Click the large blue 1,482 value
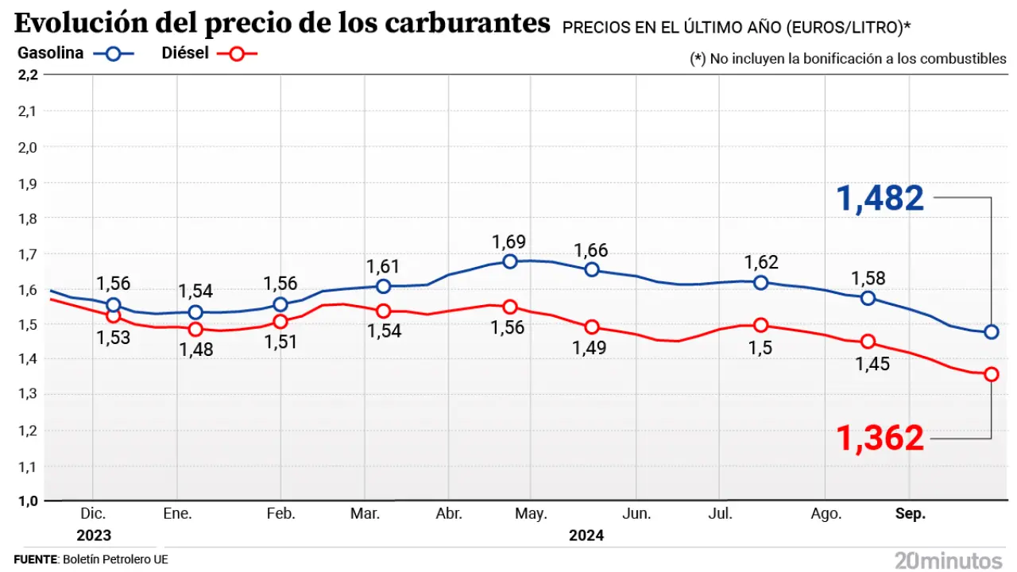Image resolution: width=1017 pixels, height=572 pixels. [x=880, y=198]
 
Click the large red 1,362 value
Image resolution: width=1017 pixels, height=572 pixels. [x=880, y=438]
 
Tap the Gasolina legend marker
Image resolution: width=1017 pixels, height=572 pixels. [x=113, y=54]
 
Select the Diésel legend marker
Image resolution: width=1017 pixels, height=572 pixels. [x=239, y=54]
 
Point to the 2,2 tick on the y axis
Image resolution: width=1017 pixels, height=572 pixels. [x=27, y=75]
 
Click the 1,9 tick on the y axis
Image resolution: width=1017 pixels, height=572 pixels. [x=27, y=183]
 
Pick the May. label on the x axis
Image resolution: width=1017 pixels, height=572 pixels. [x=531, y=514]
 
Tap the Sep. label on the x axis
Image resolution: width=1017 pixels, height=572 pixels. [x=911, y=514]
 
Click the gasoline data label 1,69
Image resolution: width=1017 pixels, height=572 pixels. [x=509, y=242]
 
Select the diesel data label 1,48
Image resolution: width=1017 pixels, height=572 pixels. [x=195, y=349]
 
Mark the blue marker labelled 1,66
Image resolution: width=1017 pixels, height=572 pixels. [x=592, y=269]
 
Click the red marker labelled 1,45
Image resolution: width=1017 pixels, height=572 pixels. [x=868, y=342]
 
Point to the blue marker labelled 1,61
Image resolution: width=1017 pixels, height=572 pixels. [x=383, y=286]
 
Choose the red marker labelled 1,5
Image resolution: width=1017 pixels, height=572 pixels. [x=761, y=324]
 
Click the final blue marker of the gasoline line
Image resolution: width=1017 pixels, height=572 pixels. [x=992, y=332]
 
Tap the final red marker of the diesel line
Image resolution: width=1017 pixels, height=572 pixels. [x=992, y=374]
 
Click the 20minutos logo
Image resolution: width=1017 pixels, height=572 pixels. [x=949, y=559]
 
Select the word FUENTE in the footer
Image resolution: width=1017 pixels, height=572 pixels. [x=36, y=559]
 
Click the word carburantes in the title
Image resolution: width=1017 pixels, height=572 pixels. [x=467, y=24]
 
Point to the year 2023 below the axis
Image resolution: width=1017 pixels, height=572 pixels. [x=94, y=535]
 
